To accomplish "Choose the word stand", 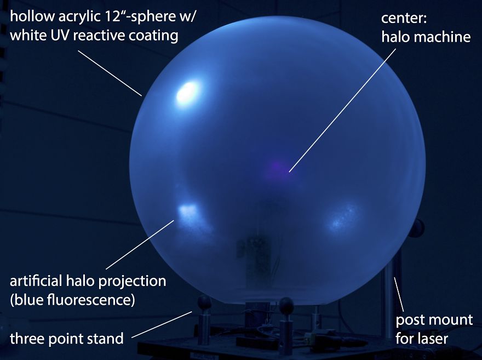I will coord(106,338).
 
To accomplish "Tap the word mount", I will coord(450,319).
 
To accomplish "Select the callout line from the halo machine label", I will coord(342,110).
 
